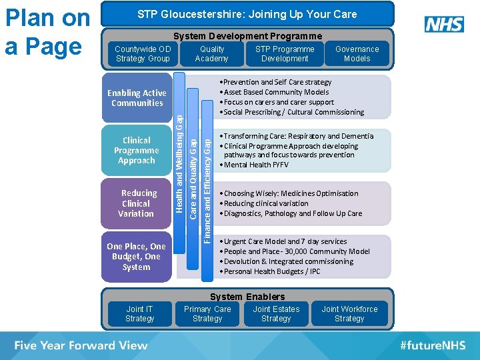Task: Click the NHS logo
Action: pyautogui.click(x=444, y=25)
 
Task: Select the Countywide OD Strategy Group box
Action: pyautogui.click(x=143, y=54)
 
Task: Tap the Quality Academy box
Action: pyautogui.click(x=211, y=54)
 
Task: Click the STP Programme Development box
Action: pyautogui.click(x=285, y=54)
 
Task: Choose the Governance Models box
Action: pyautogui.click(x=357, y=54)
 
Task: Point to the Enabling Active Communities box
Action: pyautogui.click(x=137, y=98)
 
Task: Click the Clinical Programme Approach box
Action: pyautogui.click(x=136, y=151)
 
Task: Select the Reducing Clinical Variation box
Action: pyautogui.click(x=136, y=203)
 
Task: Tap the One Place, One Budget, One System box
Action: pyautogui.click(x=136, y=257)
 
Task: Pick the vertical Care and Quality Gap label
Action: pyautogui.click(x=193, y=177)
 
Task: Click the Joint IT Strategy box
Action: pyautogui.click(x=139, y=314)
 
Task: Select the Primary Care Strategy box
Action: pyautogui.click(x=207, y=314)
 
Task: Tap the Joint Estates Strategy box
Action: pyautogui.click(x=276, y=314)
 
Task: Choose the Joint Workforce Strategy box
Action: pyautogui.click(x=349, y=314)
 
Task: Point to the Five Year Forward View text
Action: pyautogui.click(x=81, y=345)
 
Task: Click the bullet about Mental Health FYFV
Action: pyautogui.click(x=257, y=165)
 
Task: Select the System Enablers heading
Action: pyautogui.click(x=247, y=297)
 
